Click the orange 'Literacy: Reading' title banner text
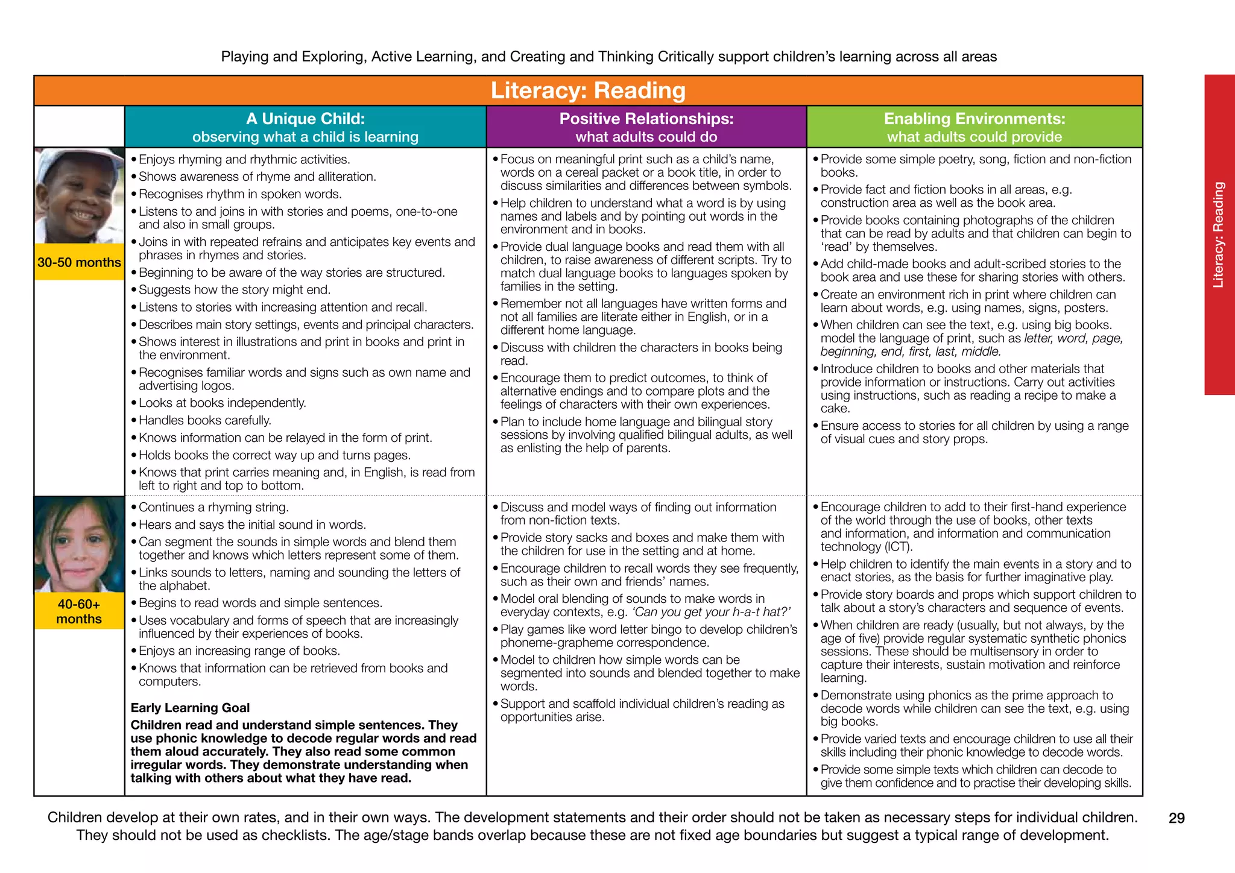click(x=588, y=90)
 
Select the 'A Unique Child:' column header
click(x=305, y=119)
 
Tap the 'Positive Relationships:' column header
click(x=646, y=119)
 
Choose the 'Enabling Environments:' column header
click(x=974, y=119)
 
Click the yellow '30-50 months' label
click(x=79, y=262)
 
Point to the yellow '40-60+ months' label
click(x=79, y=611)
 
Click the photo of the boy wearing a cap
click(x=79, y=196)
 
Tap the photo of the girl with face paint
click(x=79, y=544)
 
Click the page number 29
click(x=1177, y=818)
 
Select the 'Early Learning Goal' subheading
click(x=190, y=708)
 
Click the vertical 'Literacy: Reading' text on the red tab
click(x=1219, y=235)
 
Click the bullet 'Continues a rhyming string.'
click(x=213, y=507)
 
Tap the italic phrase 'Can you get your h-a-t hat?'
click(x=710, y=612)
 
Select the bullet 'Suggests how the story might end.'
click(x=235, y=290)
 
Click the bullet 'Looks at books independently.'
click(x=223, y=403)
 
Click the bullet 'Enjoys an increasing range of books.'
click(x=239, y=651)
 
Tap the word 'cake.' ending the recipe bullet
click(x=835, y=409)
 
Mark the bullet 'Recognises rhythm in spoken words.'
click(x=240, y=194)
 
